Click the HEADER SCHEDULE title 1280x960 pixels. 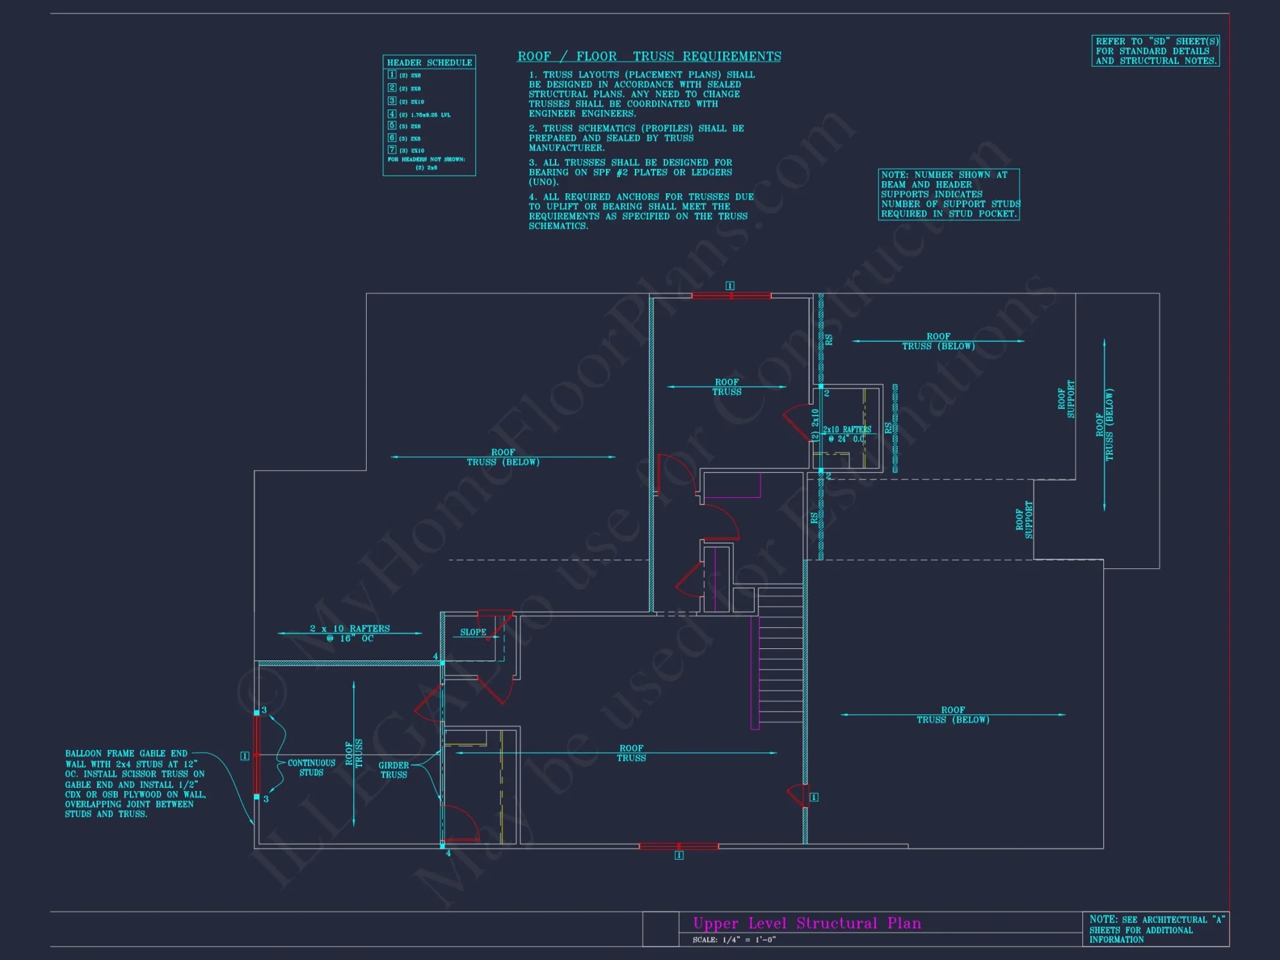[429, 63]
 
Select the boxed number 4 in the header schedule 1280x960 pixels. [392, 114]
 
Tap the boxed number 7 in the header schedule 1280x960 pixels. [392, 150]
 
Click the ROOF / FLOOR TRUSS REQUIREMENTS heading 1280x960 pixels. [649, 56]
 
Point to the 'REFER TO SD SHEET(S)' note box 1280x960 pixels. [1155, 51]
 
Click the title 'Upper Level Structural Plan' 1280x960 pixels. [807, 923]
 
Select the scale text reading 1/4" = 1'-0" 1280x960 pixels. [734, 940]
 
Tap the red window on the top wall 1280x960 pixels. [731, 296]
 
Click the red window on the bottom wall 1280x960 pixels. [678, 846]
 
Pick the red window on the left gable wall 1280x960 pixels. [257, 755]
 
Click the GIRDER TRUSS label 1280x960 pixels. [394, 770]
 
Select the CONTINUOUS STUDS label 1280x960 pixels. [311, 767]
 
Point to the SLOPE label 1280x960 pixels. [473, 632]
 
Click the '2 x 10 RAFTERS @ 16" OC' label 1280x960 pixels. [349, 634]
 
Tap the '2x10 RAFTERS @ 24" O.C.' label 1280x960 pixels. [847, 435]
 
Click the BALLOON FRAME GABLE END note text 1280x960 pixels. [135, 783]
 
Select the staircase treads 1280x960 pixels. [781, 659]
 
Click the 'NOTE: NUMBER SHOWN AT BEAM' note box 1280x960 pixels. [948, 195]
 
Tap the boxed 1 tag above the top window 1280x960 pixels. [730, 285]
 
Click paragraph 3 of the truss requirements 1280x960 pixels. [630, 172]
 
